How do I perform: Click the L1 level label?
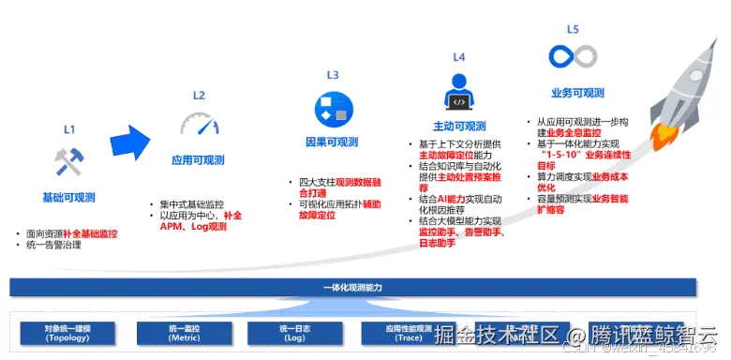[68, 128]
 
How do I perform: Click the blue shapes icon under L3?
[331, 109]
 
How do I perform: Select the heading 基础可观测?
[68, 198]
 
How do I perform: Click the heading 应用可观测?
[199, 160]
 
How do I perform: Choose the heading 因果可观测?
[332, 142]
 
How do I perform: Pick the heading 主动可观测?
[459, 127]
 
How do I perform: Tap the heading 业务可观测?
[577, 93]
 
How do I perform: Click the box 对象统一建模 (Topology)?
[68, 332]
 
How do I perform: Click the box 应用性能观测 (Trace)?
[409, 332]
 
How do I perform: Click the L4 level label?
[459, 57]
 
